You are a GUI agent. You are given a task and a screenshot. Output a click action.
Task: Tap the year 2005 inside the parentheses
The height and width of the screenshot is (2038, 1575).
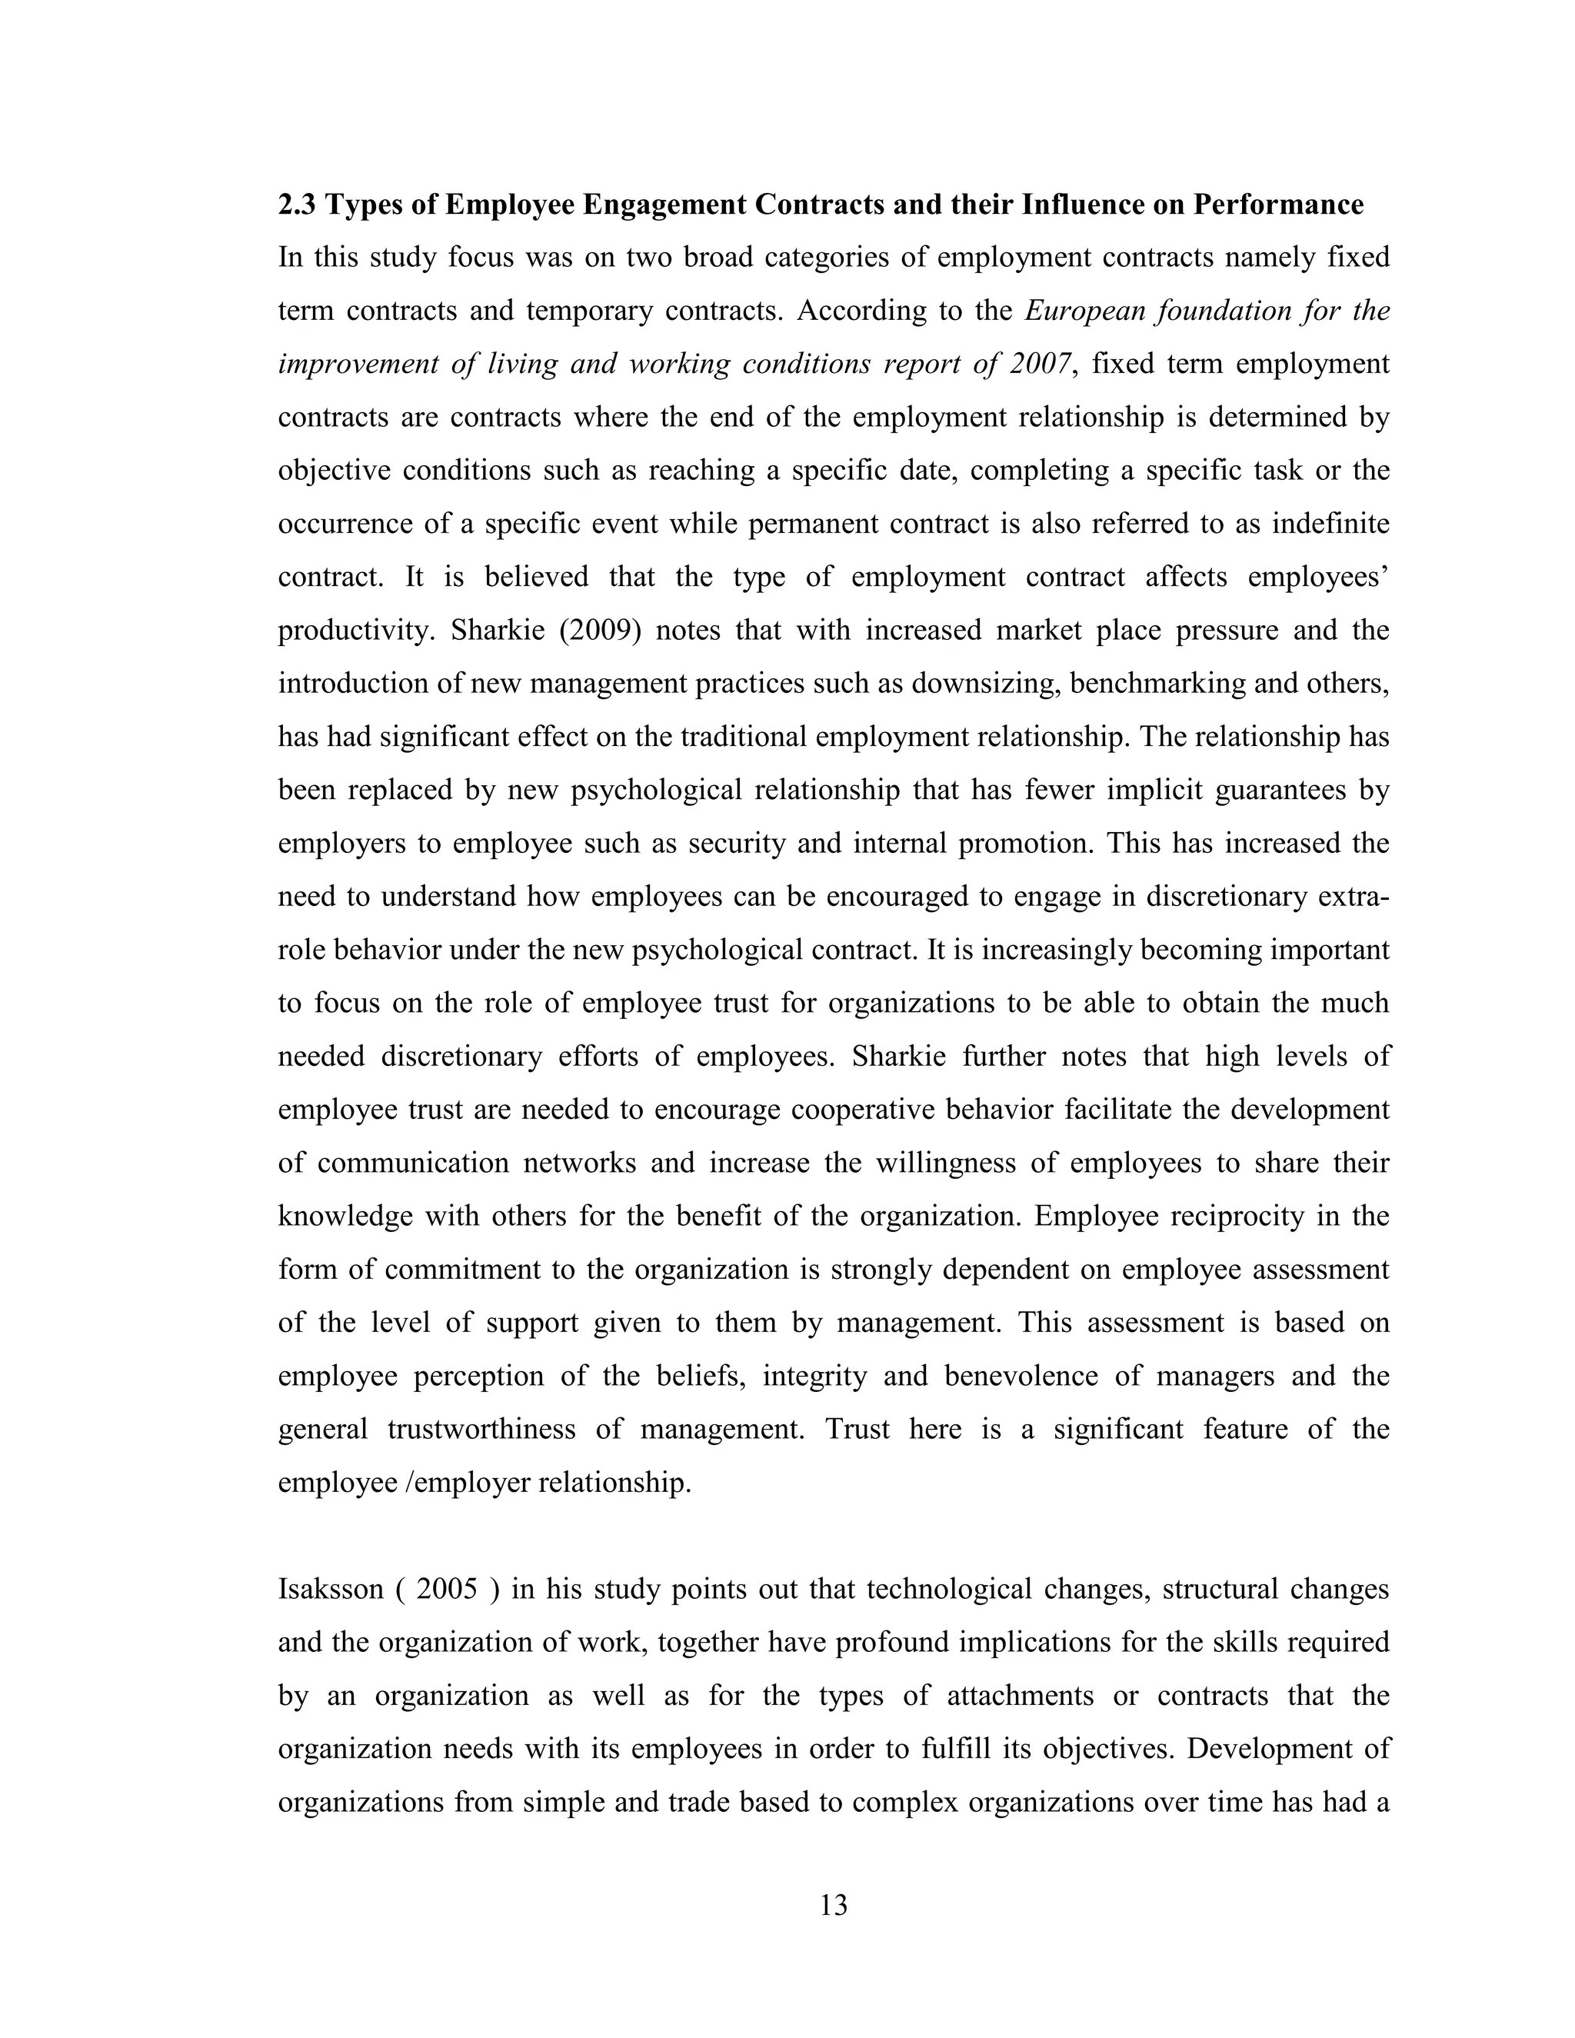(447, 1589)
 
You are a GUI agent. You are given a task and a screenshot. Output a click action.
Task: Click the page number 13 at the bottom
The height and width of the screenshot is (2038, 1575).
(833, 1904)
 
